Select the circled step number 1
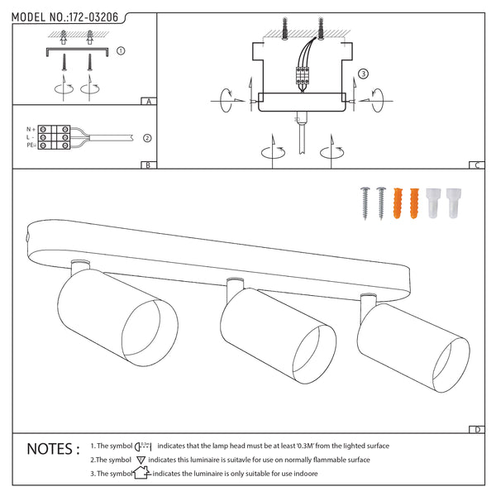(122, 50)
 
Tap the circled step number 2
(147, 138)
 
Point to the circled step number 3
(362, 74)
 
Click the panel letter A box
(147, 102)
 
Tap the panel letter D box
(478, 429)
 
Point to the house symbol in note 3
(141, 474)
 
